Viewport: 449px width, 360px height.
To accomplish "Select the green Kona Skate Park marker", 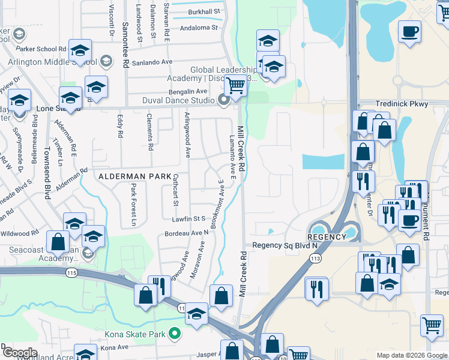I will coord(175,334).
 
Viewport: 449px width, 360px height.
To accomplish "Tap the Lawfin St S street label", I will coord(190,219).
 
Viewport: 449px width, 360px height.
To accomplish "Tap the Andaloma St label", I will coord(199,28).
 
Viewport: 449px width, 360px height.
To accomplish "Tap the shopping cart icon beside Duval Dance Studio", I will coord(235,86).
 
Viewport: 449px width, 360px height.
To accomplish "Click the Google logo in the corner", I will coord(20,353).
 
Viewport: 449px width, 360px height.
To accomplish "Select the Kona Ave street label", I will coord(114,347).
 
